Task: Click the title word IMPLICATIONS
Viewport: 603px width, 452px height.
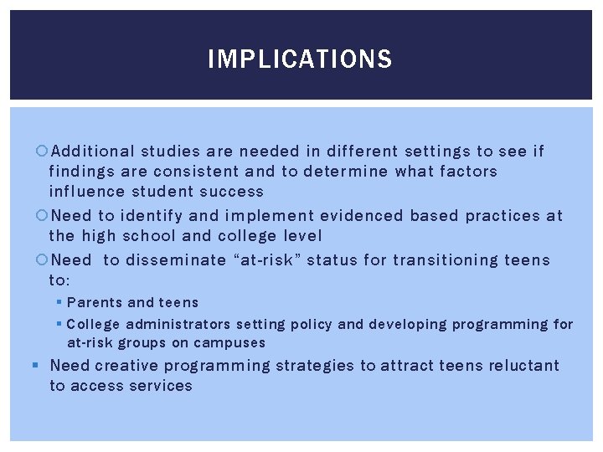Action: pos(300,59)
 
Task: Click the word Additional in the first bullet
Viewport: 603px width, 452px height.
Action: pos(93,152)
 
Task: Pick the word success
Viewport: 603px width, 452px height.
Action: pos(229,192)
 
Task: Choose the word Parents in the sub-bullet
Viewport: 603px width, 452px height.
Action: pos(95,302)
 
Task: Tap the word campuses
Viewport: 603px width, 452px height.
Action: pos(229,342)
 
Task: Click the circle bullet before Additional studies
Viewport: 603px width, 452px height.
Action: pos(44,152)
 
